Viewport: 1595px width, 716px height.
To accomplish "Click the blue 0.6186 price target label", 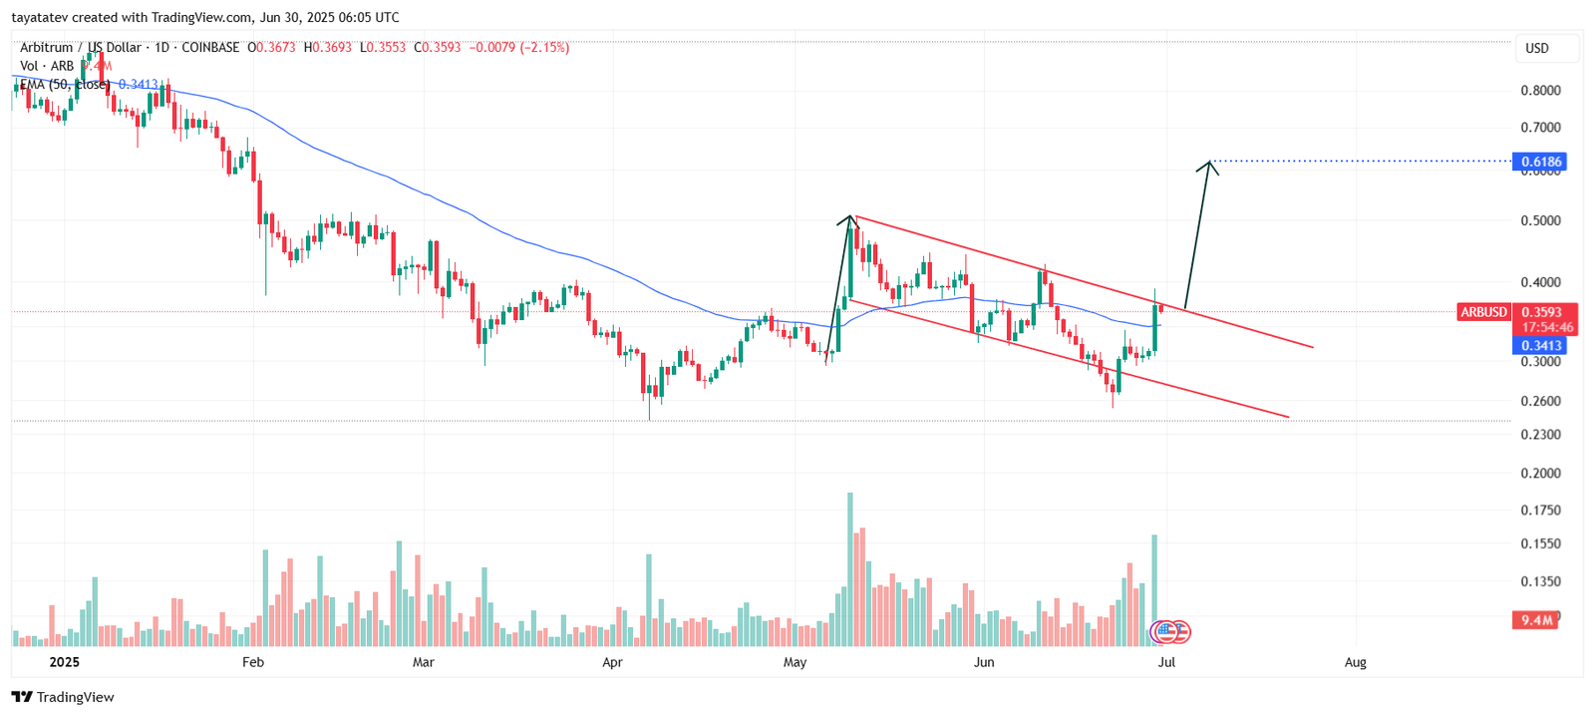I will (x=1539, y=162).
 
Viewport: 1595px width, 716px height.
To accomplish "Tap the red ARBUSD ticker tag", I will (x=1483, y=312).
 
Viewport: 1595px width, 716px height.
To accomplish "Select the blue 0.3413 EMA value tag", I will (x=1539, y=346).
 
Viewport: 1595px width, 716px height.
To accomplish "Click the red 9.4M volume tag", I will (x=1536, y=620).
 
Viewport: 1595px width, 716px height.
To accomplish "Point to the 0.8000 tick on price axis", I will (x=1540, y=91).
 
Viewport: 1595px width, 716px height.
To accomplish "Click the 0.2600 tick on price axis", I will (x=1540, y=402).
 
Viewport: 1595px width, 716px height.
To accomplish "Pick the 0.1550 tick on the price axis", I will (x=1540, y=544).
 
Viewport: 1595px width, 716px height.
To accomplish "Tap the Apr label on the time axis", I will (x=612, y=662).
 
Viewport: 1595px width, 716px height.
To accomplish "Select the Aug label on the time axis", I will (x=1355, y=662).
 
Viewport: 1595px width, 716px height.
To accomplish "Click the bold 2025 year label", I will (x=64, y=662).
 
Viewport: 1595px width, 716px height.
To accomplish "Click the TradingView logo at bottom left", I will (x=64, y=697).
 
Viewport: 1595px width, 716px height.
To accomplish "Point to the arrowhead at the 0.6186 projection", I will (x=1209, y=165).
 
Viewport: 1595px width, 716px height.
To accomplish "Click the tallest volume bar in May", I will (x=850, y=568).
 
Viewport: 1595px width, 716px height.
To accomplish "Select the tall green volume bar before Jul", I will (x=1154, y=588).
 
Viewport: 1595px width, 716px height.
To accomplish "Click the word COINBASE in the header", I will (x=210, y=47).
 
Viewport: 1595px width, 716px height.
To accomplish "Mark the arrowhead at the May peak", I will (x=849, y=219).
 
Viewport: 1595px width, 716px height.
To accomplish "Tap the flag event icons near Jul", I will (x=1171, y=631).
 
